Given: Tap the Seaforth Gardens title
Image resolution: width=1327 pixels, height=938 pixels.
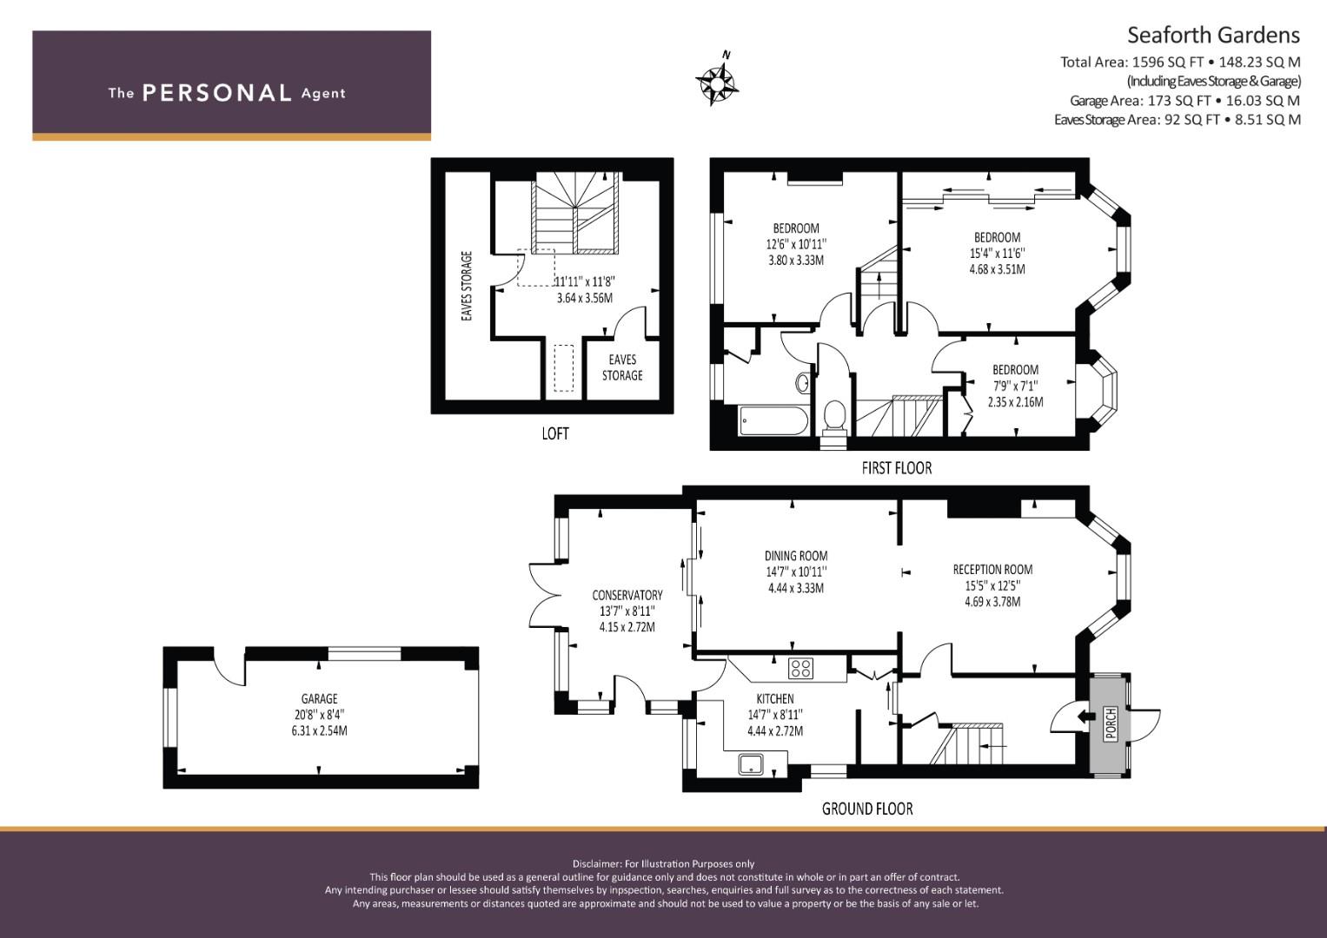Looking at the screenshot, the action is coord(1213,36).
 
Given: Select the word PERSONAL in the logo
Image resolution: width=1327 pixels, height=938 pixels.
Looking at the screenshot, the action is coord(217,93).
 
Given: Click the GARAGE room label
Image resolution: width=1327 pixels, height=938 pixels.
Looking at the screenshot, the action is coord(319,699).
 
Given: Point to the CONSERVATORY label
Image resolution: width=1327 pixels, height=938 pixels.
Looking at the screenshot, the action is coord(627,595).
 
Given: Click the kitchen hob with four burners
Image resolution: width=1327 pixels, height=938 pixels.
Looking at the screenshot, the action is coord(801,669).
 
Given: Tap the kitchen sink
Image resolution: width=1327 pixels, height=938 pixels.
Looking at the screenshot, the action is coord(751,764).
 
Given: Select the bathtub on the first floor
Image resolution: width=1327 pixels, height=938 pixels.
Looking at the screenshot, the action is coord(773,420).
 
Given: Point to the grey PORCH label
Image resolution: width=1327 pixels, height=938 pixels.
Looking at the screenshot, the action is coord(1110,723).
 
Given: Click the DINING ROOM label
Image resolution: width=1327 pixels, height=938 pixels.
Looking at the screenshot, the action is coord(796,556).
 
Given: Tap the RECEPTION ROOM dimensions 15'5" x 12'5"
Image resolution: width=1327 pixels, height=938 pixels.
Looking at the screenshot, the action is coord(993,585).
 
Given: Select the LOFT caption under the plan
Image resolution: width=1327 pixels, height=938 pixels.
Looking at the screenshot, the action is coord(555,434).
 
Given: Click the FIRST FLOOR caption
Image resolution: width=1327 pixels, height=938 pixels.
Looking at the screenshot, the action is coord(897,468).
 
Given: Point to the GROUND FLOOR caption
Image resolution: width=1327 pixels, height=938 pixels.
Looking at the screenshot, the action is coord(867,809).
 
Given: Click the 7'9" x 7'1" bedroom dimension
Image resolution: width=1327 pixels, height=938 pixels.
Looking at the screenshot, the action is coord(1015,386).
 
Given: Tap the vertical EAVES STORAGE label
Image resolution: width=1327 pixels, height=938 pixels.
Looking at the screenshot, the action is coord(467,286).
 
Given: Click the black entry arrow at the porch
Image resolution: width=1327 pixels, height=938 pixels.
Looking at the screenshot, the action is coord(1086,717).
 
